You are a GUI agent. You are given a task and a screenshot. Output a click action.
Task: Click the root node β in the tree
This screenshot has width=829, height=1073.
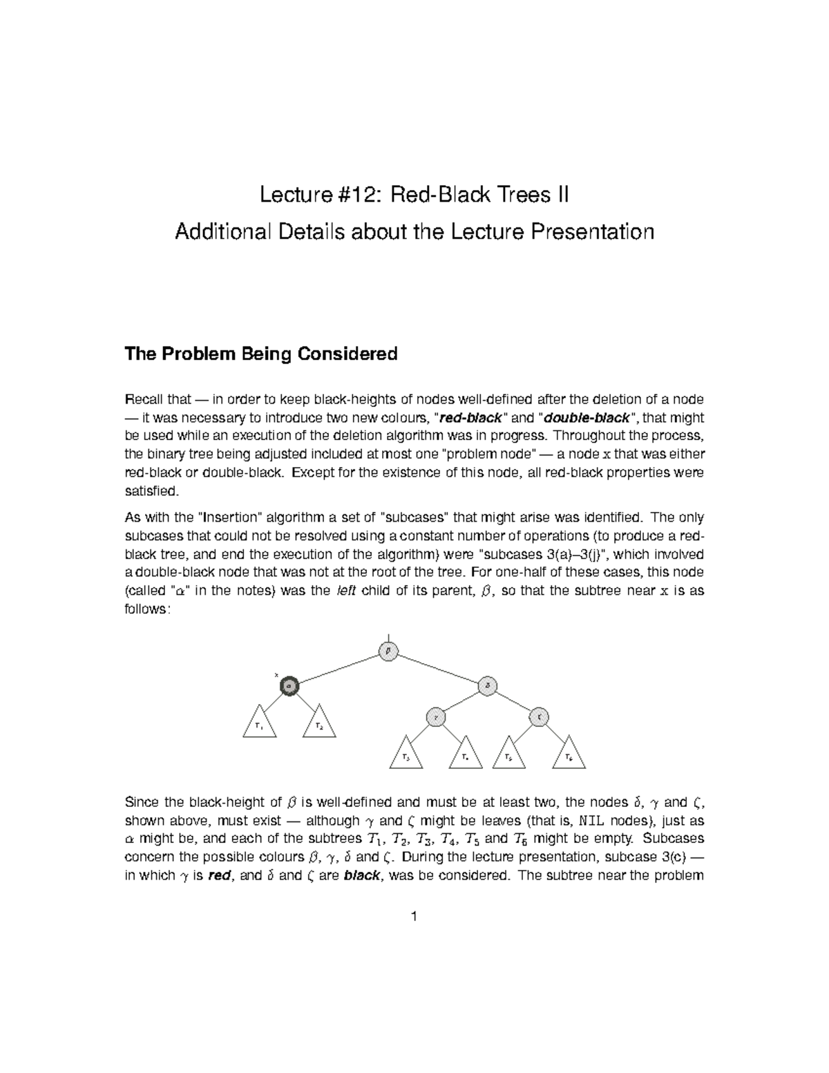point(389,651)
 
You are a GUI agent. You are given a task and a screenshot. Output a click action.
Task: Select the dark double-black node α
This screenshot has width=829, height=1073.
point(289,685)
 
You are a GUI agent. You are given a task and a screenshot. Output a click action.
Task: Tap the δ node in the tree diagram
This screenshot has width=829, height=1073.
point(488,685)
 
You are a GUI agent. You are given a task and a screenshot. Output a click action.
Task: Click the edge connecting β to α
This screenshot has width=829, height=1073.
point(339,668)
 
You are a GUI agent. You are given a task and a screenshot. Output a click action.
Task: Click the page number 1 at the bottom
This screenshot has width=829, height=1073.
point(414,917)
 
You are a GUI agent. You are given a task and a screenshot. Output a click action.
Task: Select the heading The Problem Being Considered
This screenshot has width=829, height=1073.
point(260,354)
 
